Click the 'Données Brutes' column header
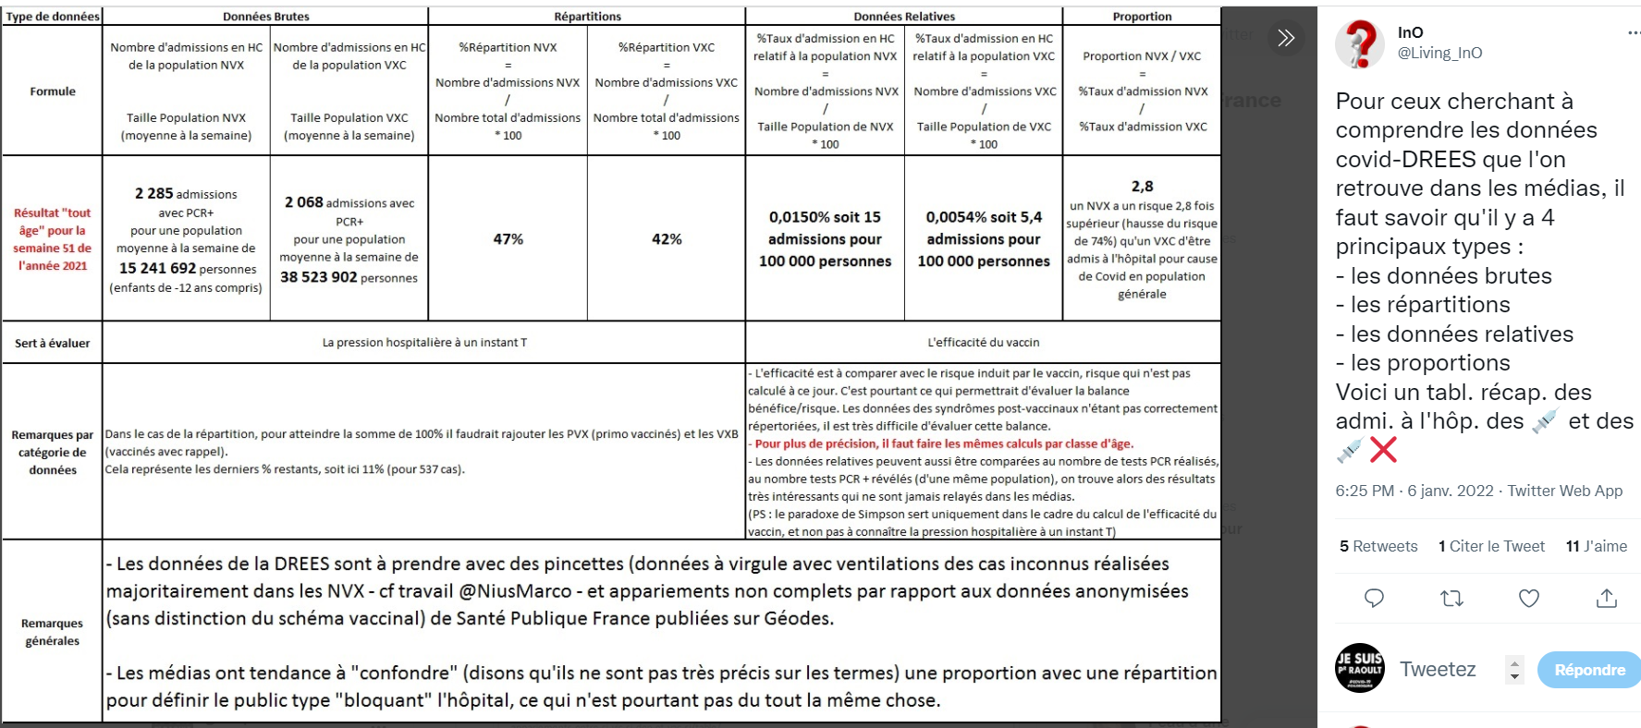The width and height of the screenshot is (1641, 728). [x=265, y=17]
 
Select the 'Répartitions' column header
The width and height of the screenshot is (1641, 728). [x=587, y=17]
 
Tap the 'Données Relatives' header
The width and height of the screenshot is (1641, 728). [x=903, y=17]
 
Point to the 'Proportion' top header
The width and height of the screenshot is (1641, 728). [x=1142, y=17]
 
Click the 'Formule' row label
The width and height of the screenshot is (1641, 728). [x=53, y=91]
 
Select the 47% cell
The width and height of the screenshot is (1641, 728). [x=508, y=239]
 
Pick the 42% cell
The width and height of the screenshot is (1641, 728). [x=667, y=239]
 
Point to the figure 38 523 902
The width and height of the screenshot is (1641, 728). [x=318, y=277]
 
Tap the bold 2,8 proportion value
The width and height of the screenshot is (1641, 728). [x=1142, y=187]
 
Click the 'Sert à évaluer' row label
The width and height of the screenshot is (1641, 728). [x=53, y=343]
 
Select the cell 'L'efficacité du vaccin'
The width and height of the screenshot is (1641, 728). [x=983, y=343]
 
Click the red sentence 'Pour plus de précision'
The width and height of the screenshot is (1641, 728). [x=943, y=443]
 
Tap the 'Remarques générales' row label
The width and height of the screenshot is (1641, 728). [x=53, y=632]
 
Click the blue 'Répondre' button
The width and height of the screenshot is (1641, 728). [x=1588, y=670]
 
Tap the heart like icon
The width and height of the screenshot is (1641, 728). [x=1529, y=599]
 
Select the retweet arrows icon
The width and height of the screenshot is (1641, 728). [x=1451, y=599]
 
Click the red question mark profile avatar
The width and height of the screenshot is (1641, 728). [x=1360, y=43]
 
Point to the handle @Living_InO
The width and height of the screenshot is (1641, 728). [x=1439, y=53]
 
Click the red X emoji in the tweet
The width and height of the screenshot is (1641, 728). [x=1383, y=450]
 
